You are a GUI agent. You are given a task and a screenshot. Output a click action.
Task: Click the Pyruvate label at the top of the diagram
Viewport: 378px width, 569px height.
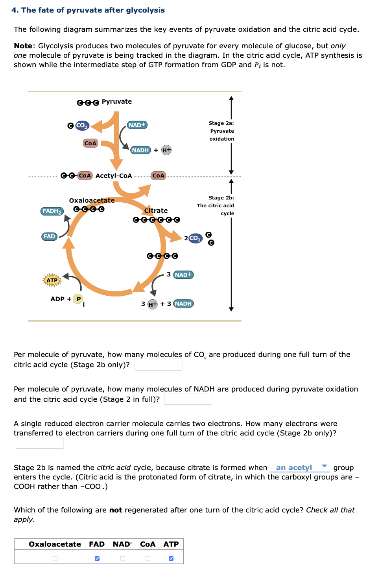point(116,102)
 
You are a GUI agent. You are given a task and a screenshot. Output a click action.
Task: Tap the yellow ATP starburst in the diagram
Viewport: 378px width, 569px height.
point(52,280)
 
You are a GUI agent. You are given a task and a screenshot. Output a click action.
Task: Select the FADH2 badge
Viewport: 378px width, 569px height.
point(52,211)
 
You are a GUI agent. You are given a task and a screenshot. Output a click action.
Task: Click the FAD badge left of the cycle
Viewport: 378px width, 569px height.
point(49,236)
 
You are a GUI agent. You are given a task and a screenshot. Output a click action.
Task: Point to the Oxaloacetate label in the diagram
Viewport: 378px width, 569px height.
point(92,201)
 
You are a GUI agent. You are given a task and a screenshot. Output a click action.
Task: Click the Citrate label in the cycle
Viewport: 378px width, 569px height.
point(156,211)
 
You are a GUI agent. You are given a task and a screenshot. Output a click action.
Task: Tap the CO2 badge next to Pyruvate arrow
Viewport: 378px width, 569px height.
point(82,126)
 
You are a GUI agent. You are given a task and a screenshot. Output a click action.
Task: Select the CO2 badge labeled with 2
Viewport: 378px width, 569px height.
point(195,238)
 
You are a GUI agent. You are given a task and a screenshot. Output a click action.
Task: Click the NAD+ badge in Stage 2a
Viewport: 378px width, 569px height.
point(137,125)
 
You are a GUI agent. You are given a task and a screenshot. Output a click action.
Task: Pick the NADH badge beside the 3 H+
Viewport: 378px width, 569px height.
point(183,304)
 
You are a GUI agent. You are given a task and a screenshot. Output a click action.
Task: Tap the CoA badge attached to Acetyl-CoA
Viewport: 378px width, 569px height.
point(85,176)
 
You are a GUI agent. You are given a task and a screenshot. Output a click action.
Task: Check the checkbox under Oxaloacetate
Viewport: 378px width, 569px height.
point(55,558)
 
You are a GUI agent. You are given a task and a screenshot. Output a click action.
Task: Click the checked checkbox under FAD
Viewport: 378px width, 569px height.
point(97,558)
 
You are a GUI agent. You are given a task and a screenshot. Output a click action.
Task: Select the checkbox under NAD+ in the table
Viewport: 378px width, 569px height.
point(123,558)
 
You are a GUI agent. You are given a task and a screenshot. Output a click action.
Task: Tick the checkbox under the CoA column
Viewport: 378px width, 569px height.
point(148,558)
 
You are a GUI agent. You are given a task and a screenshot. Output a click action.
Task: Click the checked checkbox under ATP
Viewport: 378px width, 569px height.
point(171,558)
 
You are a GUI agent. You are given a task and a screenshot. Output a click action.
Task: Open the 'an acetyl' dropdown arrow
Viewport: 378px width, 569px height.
point(325,466)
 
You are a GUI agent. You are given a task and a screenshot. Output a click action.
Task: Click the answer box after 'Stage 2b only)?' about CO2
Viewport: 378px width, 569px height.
point(159,365)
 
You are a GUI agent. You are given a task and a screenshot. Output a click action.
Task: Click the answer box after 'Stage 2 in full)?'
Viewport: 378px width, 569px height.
point(188,399)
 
